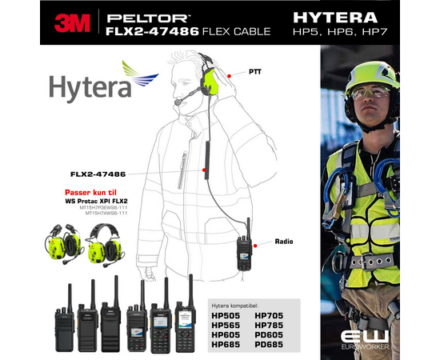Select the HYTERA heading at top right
[x=346, y=15]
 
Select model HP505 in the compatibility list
[x=228, y=316]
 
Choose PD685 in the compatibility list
[x=270, y=344]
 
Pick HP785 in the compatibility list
[x=270, y=326]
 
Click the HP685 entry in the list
[x=228, y=344]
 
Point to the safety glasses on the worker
[x=369, y=93]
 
